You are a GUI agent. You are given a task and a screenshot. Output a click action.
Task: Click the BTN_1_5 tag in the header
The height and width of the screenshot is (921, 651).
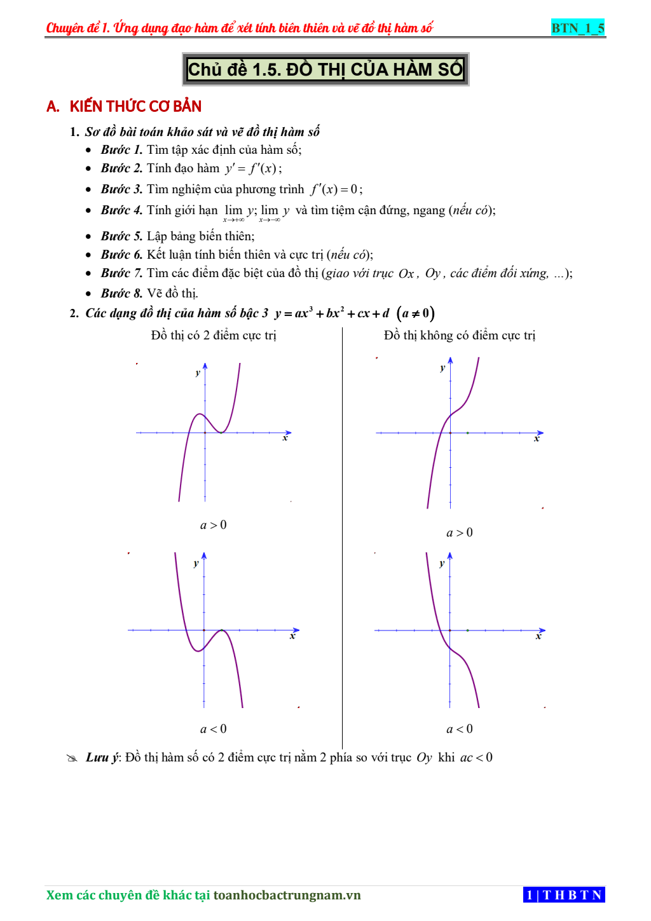coord(577,28)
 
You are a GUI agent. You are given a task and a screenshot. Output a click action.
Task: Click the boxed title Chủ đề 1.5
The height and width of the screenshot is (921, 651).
coord(325,69)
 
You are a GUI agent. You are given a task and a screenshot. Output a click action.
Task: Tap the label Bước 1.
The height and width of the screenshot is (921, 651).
coord(121,150)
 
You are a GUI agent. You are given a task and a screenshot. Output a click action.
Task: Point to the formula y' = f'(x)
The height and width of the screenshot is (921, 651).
coord(252,168)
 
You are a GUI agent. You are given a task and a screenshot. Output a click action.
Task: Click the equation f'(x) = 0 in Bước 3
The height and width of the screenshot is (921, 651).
coord(336,189)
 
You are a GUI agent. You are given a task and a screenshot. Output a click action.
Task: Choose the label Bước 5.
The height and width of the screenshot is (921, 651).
coord(121,236)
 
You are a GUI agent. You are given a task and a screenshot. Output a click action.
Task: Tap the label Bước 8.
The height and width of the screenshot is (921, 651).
coord(121,294)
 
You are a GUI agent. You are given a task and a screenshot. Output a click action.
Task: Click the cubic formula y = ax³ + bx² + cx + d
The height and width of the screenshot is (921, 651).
coord(332,313)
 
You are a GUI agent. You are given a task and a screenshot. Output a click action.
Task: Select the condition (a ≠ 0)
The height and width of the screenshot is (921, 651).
coord(415,313)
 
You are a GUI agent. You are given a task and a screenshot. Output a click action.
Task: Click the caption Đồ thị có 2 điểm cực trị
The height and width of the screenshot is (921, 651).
coord(214,336)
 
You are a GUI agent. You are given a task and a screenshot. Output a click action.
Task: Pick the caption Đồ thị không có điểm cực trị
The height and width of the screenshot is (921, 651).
coord(460,336)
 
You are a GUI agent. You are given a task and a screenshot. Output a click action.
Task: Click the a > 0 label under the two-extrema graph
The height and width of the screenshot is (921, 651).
coord(214,525)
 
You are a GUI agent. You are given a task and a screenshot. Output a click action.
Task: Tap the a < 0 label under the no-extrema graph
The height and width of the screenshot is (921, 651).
coord(460,729)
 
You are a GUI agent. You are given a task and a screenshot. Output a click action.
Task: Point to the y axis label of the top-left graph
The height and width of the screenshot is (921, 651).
coord(198,373)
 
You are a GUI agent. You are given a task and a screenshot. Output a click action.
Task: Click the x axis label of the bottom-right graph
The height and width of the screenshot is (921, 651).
coord(538,636)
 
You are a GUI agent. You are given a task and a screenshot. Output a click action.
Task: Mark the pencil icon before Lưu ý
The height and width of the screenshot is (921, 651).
coord(72,758)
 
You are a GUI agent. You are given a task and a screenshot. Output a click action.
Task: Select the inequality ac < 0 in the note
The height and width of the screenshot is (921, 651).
coord(476,758)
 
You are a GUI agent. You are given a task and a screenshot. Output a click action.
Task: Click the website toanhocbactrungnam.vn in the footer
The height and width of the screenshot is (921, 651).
coord(287,896)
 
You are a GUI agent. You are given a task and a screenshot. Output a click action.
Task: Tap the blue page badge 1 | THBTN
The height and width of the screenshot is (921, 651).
coord(564,895)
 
